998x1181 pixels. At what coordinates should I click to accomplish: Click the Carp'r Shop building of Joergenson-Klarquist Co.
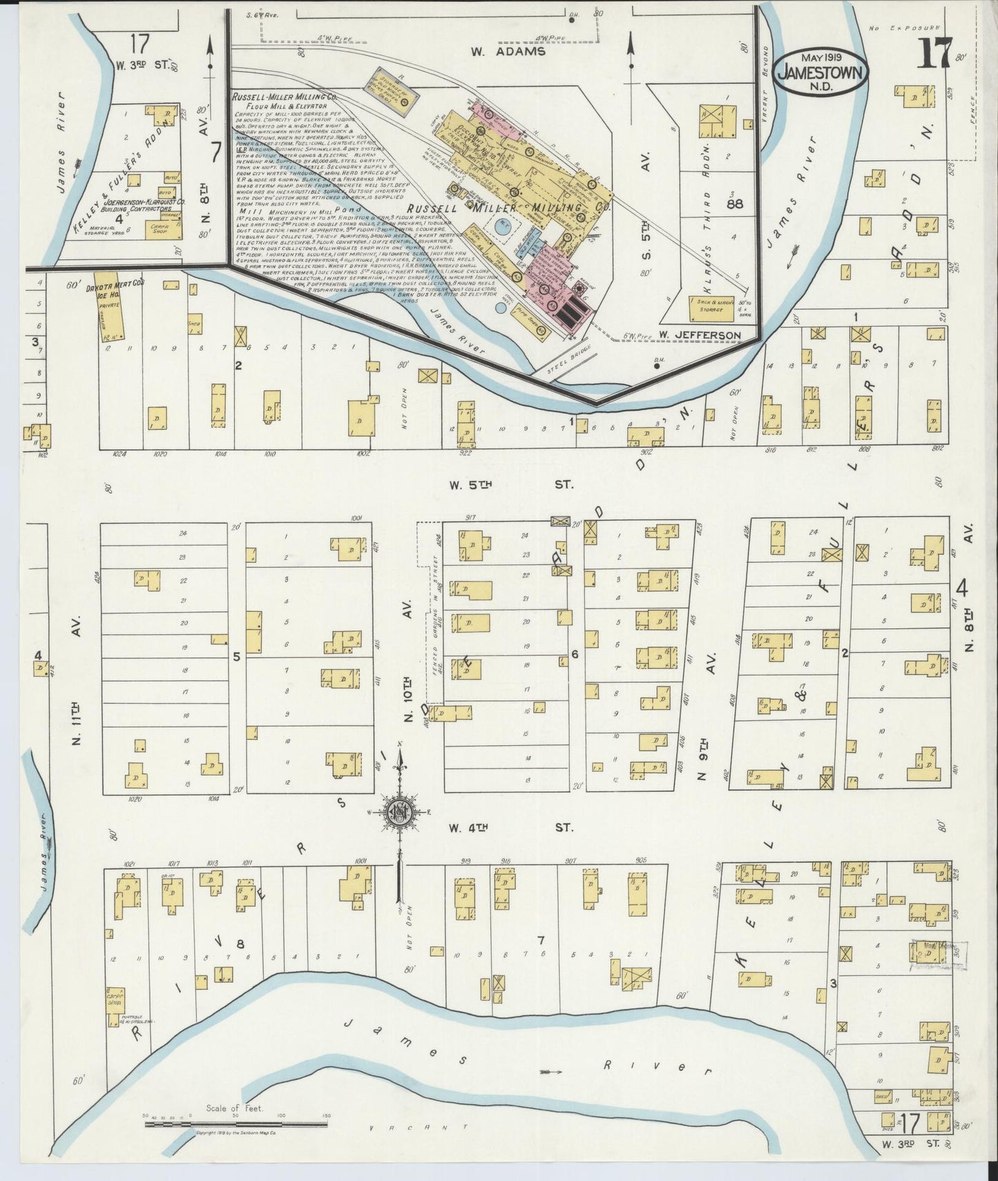160,230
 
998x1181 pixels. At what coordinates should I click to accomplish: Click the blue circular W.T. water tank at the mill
503,224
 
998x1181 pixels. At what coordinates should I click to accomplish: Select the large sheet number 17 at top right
934,52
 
